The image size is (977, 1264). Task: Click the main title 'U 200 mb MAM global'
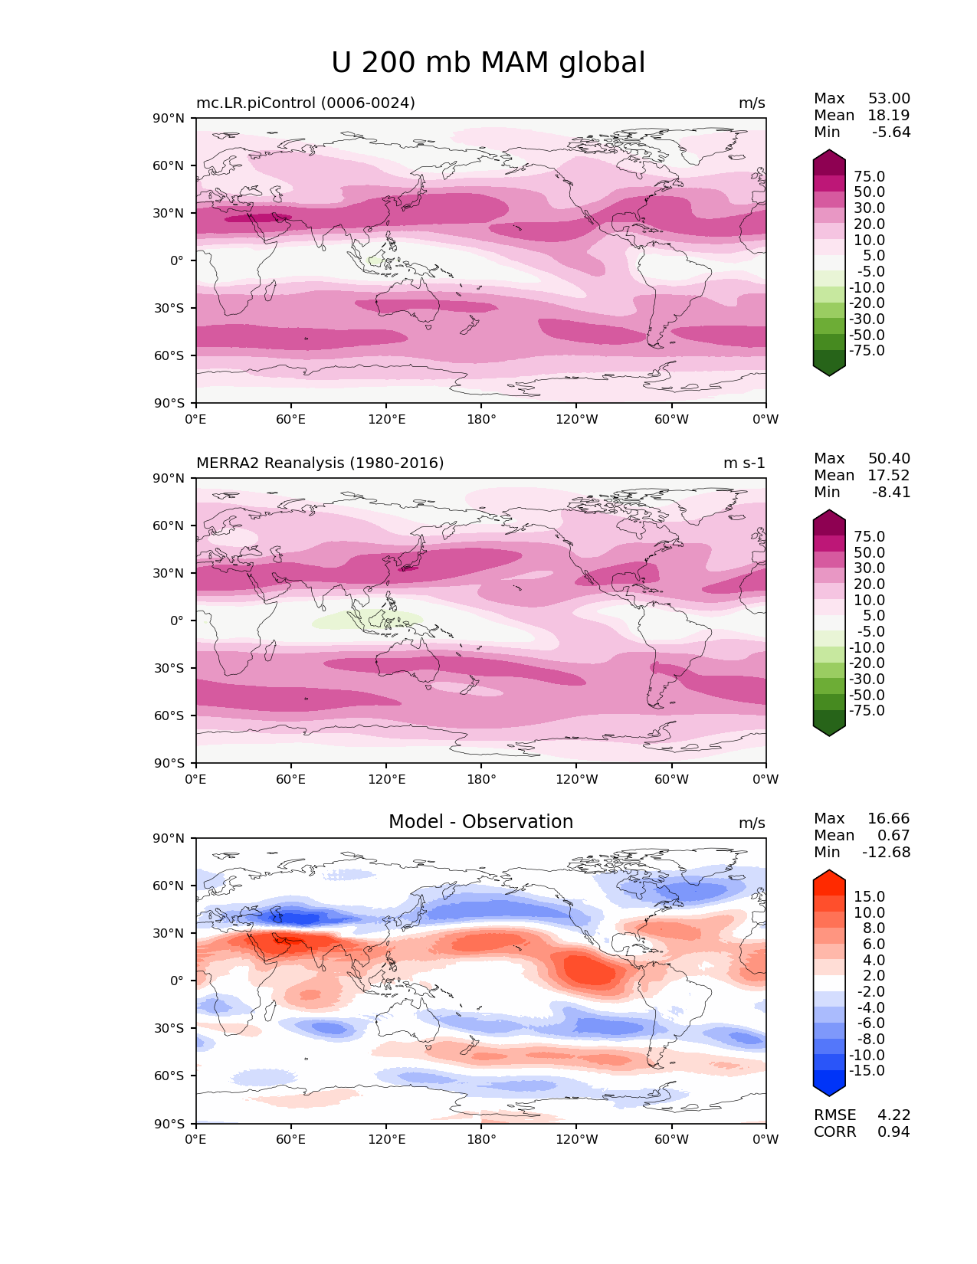click(488, 63)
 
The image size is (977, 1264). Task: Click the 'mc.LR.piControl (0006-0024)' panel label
click(305, 103)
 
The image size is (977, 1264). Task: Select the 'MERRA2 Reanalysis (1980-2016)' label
click(320, 463)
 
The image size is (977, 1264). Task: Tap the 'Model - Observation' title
click(480, 822)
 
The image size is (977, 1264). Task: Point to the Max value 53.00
click(889, 98)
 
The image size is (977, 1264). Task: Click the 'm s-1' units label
click(744, 463)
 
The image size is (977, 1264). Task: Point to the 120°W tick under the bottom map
click(576, 1139)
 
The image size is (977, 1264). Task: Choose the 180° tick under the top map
click(481, 419)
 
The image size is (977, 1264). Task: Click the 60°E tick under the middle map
click(291, 779)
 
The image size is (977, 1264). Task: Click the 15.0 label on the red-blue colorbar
click(869, 896)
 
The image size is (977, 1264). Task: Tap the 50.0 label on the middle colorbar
click(869, 552)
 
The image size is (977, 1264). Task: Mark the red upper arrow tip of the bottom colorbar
click(829, 874)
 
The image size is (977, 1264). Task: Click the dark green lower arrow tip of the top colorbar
click(829, 372)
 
